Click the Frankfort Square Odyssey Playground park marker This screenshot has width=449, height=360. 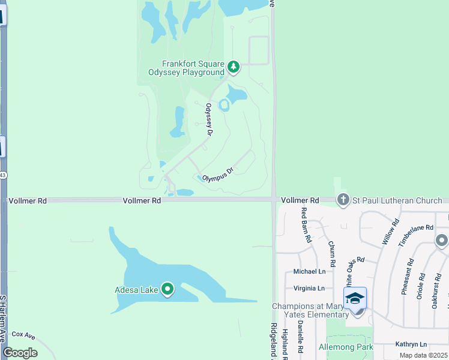(x=233, y=67)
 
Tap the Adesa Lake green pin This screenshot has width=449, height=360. (x=167, y=290)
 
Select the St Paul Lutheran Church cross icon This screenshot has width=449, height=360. (x=343, y=199)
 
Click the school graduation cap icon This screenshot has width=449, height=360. (x=355, y=298)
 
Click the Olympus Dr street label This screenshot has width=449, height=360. (x=217, y=174)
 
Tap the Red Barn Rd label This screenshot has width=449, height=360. (x=307, y=224)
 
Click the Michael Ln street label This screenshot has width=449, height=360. (x=309, y=272)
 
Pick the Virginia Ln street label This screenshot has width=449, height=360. (x=309, y=288)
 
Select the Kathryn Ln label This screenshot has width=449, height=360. (x=411, y=344)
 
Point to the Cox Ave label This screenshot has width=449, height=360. (x=25, y=334)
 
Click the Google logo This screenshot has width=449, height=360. (x=20, y=353)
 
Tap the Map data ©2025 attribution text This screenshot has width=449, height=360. (x=423, y=355)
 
